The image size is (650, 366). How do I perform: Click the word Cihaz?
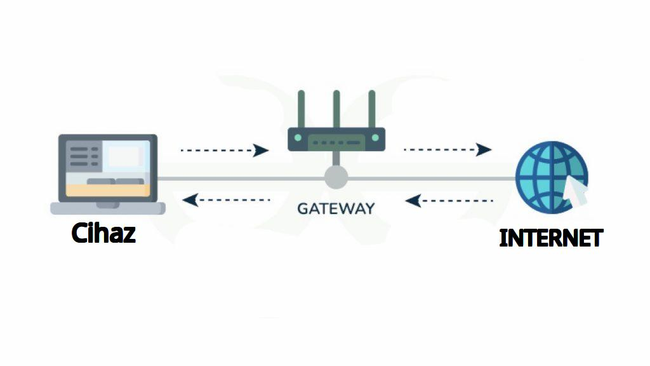[103, 233]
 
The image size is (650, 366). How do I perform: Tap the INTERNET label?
[551, 238]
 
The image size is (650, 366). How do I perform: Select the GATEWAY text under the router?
[336, 208]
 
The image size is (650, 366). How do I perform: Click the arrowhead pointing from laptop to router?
[260, 150]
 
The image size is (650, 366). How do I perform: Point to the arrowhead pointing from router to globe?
[483, 149]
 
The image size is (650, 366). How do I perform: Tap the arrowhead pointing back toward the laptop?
[190, 200]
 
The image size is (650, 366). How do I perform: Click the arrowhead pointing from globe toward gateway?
[413, 201]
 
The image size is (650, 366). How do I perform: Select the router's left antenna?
[302, 109]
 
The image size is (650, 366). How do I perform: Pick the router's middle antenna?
[336, 109]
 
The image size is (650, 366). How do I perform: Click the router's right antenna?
[372, 109]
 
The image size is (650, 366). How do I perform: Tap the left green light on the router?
[298, 138]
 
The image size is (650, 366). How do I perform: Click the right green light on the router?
[376, 138]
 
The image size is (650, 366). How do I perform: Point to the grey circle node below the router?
[336, 178]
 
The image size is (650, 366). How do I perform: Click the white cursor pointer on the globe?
[576, 191]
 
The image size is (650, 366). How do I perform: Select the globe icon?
[552, 177]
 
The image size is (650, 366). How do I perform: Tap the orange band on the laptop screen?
[108, 191]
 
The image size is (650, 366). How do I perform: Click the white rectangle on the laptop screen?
[124, 156]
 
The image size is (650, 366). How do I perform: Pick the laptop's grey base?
[108, 208]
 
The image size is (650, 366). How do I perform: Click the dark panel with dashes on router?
[336, 143]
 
